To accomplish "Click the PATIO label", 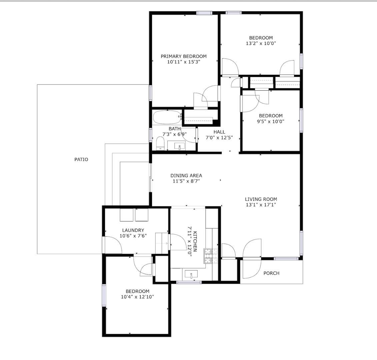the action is coord(81,159).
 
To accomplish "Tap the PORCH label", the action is coord(271,273).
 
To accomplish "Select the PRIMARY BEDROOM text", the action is coord(184,56).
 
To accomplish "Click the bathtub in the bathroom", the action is coord(168,117).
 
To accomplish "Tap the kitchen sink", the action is coord(191,274).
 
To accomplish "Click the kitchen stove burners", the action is coord(211,256).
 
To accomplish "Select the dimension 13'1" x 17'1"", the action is coord(261,205).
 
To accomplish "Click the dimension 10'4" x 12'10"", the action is coord(137,297).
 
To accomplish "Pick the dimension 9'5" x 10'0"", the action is coord(271,121).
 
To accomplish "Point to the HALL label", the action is coord(219,132).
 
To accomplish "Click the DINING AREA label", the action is coord(186,176).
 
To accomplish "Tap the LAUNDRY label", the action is coord(133,230).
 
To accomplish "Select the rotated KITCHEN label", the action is coord(195,241).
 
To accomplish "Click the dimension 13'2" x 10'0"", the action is coord(261,44).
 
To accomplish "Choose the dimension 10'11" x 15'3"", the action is coord(184,62).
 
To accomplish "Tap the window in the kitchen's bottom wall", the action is coord(189,282).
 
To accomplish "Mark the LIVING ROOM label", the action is coord(261,199).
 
